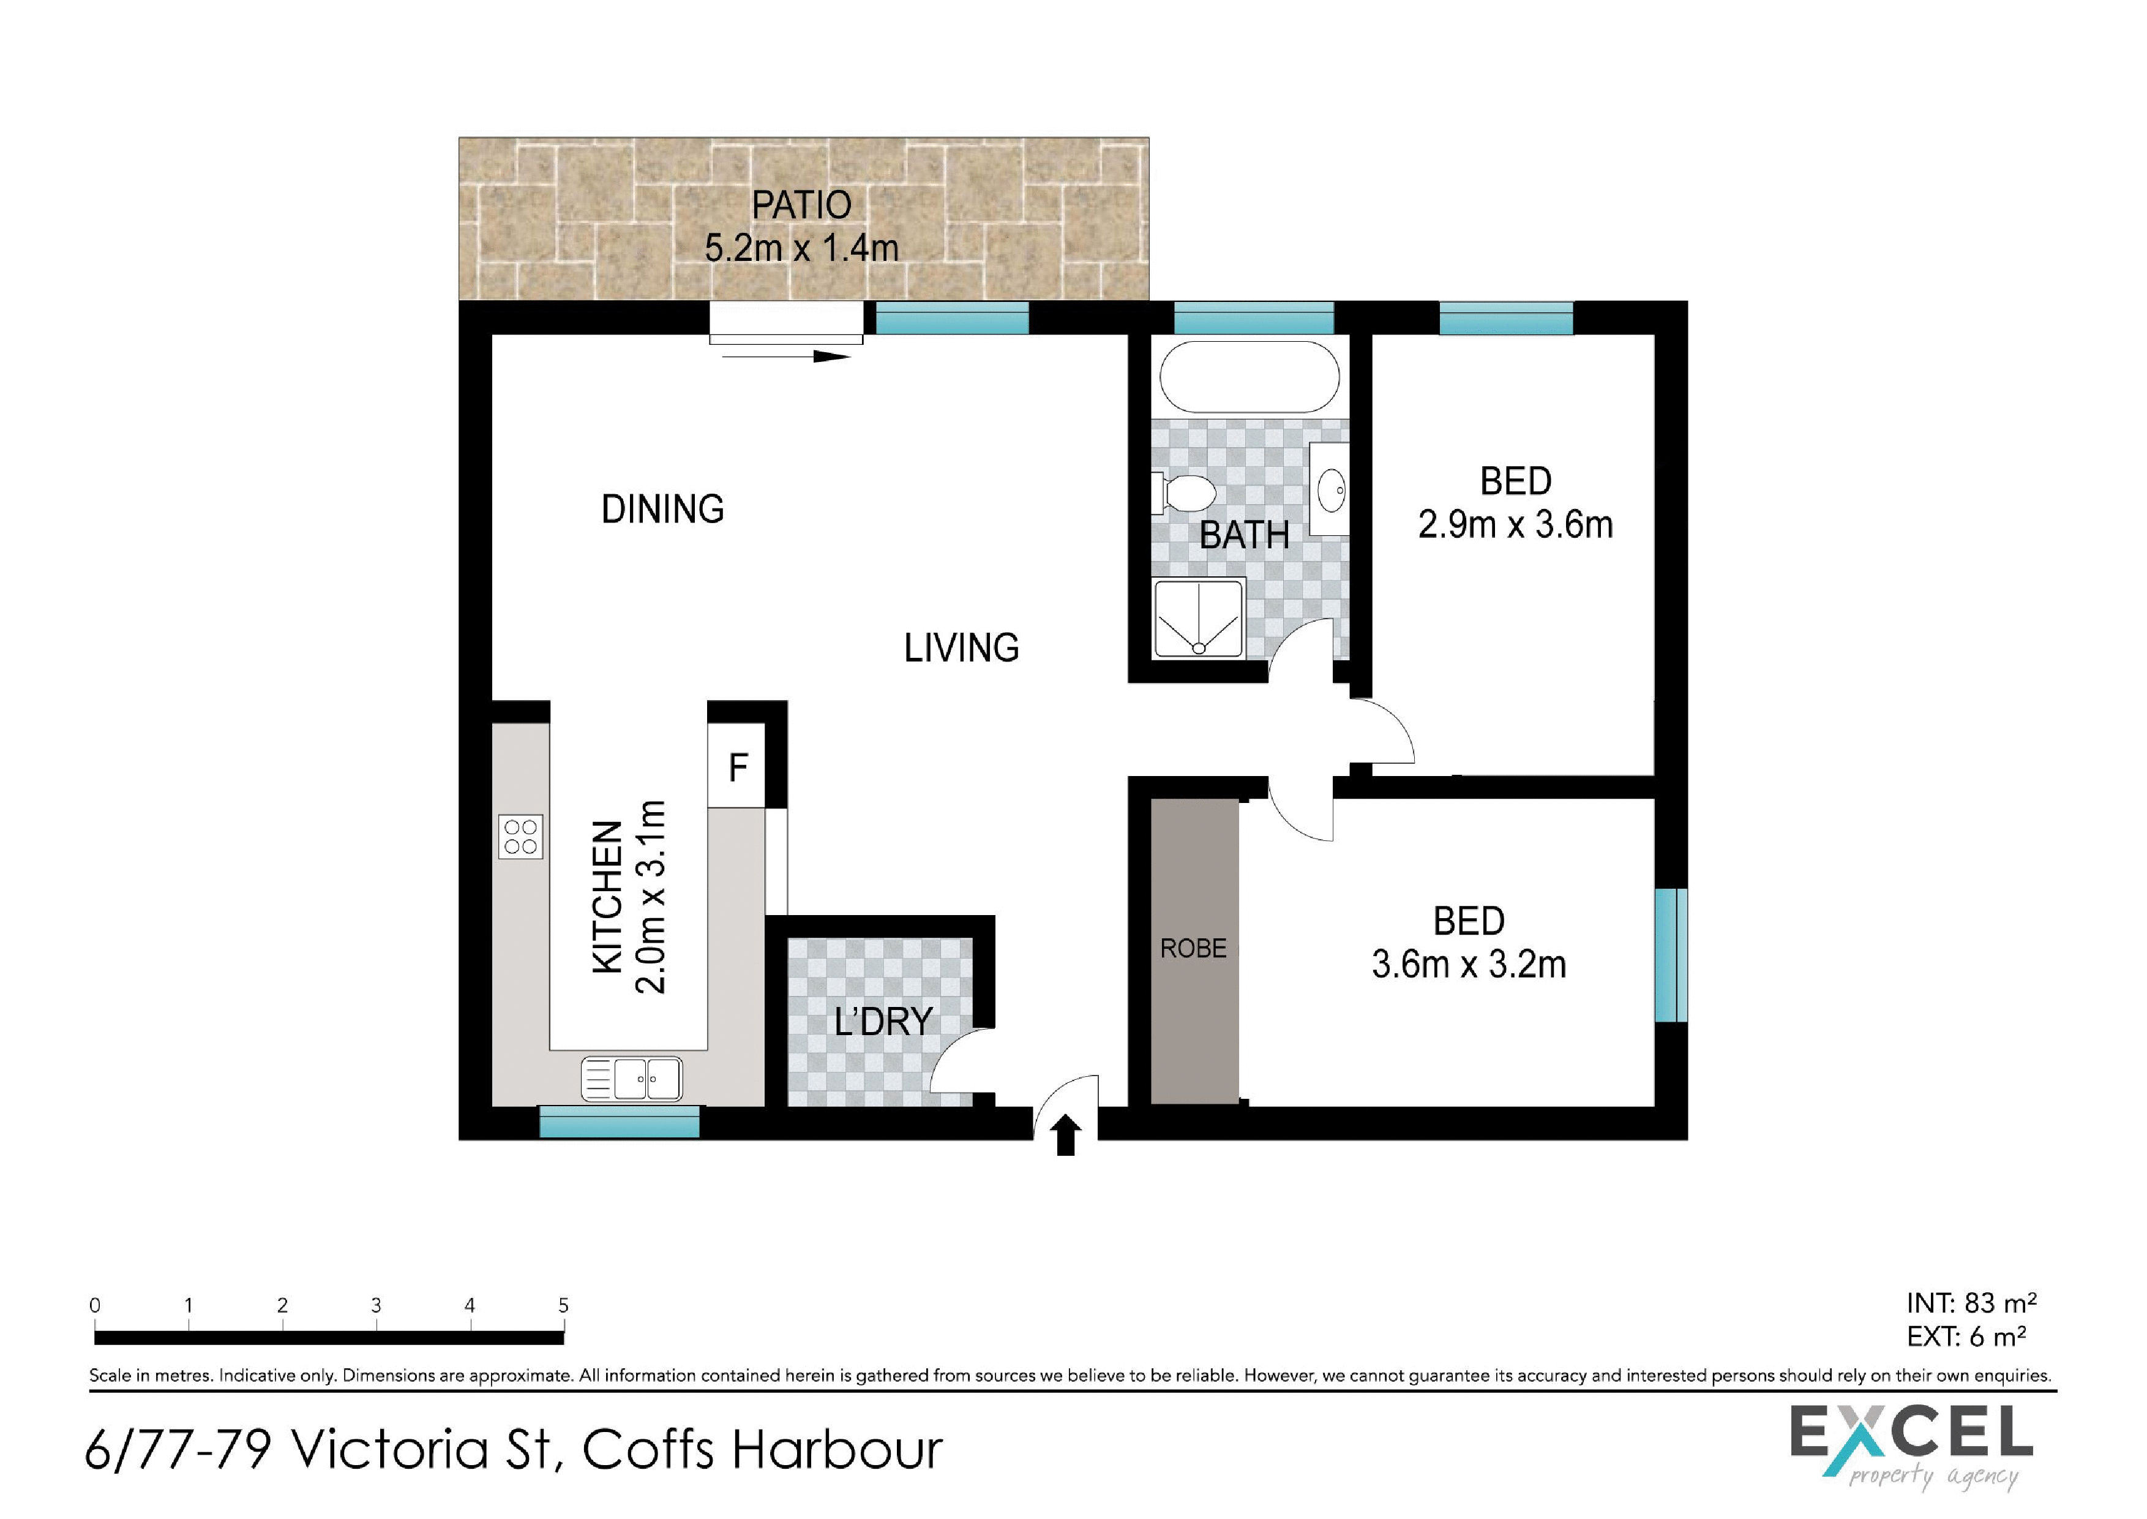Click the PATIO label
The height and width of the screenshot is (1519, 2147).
pyautogui.click(x=801, y=205)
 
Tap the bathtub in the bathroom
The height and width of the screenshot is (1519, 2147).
pyautogui.click(x=1250, y=376)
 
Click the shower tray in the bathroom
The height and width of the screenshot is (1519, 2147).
pyautogui.click(x=1199, y=618)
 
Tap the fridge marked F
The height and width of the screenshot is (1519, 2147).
pyautogui.click(x=738, y=767)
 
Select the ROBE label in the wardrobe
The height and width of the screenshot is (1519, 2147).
pyautogui.click(x=1193, y=948)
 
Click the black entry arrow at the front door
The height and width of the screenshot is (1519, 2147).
pyautogui.click(x=1066, y=1136)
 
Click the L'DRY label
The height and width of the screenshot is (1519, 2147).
pyautogui.click(x=883, y=1022)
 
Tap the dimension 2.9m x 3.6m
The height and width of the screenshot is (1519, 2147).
pyautogui.click(x=1515, y=525)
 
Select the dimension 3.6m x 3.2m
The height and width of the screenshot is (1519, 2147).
pyautogui.click(x=1468, y=964)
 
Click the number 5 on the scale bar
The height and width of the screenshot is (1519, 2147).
pyautogui.click(x=563, y=1305)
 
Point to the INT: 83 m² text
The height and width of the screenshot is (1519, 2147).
pyautogui.click(x=1971, y=1303)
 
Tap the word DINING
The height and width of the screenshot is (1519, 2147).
pyautogui.click(x=662, y=510)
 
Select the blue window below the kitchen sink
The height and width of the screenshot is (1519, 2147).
pyautogui.click(x=619, y=1123)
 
